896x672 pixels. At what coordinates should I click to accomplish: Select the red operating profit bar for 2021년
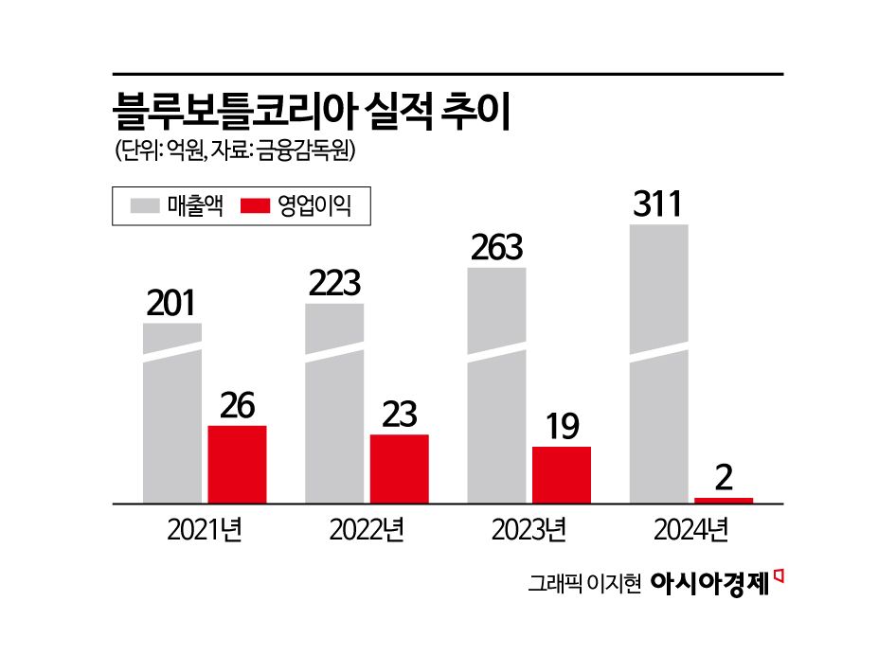[237, 464]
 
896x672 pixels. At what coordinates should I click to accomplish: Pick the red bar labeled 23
[399, 469]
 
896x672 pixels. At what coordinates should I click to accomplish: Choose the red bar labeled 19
[562, 474]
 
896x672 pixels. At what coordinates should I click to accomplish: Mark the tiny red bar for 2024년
[724, 500]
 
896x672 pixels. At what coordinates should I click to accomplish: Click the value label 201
[171, 304]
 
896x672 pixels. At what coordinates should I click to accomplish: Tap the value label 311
[657, 205]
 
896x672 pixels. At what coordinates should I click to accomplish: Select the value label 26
[237, 406]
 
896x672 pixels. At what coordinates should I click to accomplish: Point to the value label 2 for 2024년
[724, 478]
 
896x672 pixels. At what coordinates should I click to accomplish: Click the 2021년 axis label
[205, 530]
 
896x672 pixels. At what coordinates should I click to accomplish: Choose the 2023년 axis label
[529, 530]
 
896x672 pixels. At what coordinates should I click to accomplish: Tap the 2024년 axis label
[690, 530]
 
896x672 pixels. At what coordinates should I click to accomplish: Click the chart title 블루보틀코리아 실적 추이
[313, 110]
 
